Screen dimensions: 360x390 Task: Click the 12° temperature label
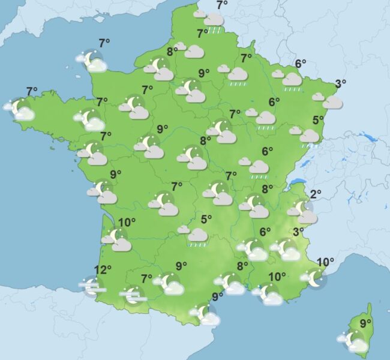pyautogui.click(x=103, y=270)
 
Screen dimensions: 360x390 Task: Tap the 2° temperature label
pyautogui.click(x=316, y=194)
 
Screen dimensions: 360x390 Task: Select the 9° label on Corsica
pyautogui.click(x=365, y=323)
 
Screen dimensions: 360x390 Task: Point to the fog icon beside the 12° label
pyautogui.click(x=92, y=287)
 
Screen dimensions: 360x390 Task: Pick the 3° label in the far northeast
pyautogui.click(x=340, y=84)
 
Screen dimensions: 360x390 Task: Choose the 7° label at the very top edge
pyautogui.click(x=222, y=5)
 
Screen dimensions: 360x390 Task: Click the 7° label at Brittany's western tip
pyautogui.click(x=32, y=91)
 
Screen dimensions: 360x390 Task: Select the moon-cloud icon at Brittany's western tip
pyautogui.click(x=22, y=110)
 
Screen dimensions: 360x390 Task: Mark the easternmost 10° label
pyautogui.click(x=325, y=262)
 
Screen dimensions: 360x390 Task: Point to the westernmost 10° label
pyautogui.click(x=127, y=223)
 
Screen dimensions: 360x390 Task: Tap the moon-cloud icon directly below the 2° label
pyautogui.click(x=302, y=211)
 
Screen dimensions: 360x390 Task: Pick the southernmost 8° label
pyautogui.click(x=242, y=266)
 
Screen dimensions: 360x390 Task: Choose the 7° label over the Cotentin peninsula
pyautogui.click(x=104, y=43)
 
